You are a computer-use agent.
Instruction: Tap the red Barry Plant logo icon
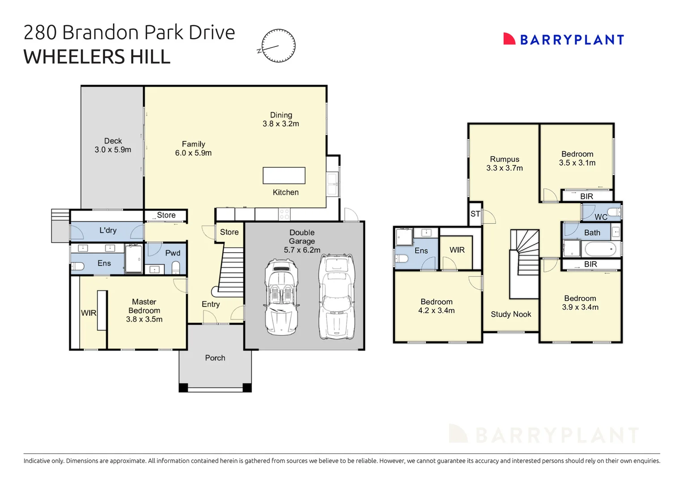click(x=509, y=39)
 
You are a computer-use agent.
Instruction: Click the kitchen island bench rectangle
click(x=284, y=175)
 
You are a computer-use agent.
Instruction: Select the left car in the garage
click(x=281, y=297)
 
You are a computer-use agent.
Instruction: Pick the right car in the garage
click(x=337, y=297)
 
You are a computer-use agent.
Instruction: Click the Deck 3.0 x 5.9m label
click(x=113, y=145)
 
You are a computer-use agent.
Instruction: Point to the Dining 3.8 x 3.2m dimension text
click(x=281, y=124)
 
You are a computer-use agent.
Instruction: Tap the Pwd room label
click(x=173, y=253)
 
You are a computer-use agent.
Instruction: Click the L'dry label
click(x=108, y=230)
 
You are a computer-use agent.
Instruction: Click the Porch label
click(x=215, y=358)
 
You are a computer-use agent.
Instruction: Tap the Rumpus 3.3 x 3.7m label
click(x=505, y=164)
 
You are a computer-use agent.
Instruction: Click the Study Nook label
click(x=511, y=314)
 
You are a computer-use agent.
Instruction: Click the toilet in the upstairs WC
click(x=614, y=212)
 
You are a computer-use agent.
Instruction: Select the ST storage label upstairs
click(x=475, y=214)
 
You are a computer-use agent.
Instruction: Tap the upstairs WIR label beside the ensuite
click(x=457, y=250)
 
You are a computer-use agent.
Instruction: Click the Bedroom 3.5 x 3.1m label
click(x=577, y=158)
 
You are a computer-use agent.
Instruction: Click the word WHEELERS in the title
click(x=74, y=57)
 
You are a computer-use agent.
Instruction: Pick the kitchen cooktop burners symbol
click(x=284, y=214)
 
